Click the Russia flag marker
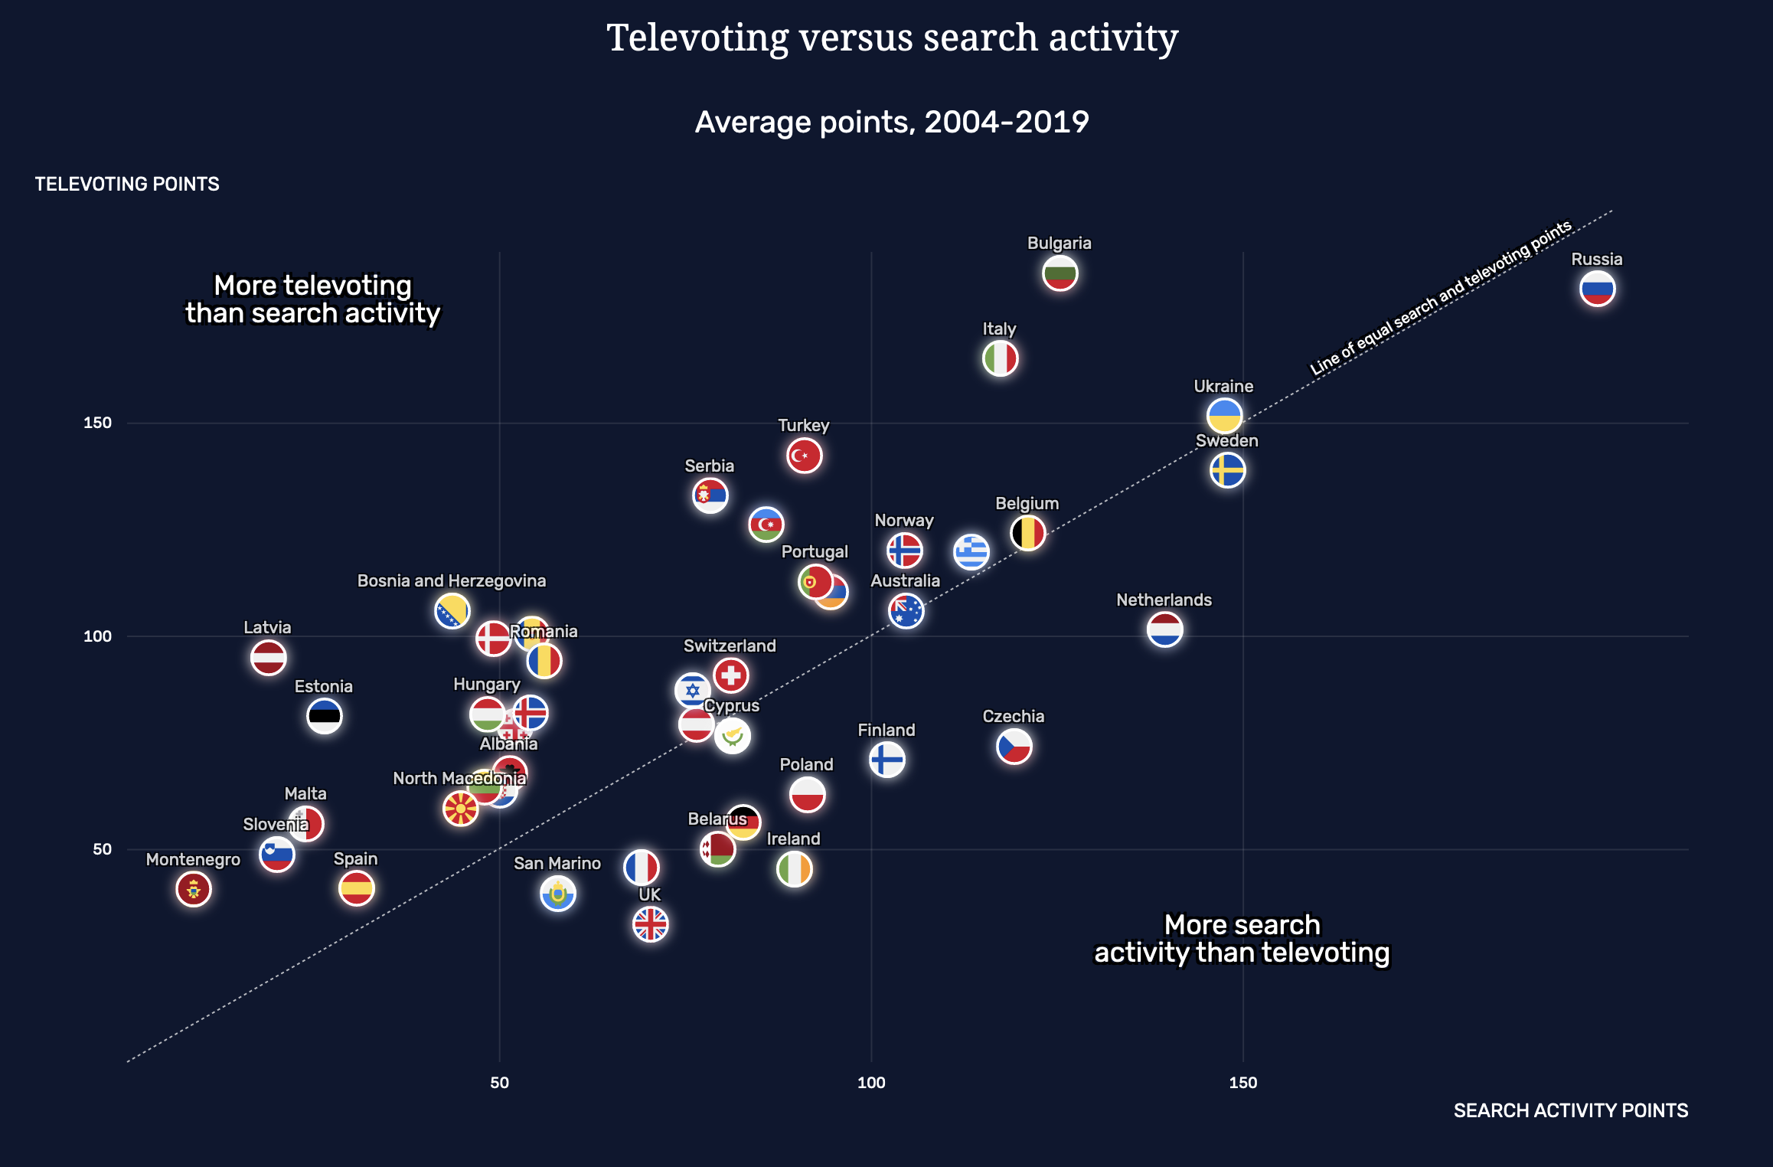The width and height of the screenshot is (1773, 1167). pyautogui.click(x=1597, y=289)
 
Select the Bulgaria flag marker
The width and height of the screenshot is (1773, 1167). pyautogui.click(x=1060, y=273)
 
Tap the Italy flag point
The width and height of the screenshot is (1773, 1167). pyautogui.click(x=1000, y=358)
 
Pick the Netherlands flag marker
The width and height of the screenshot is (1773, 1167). pyautogui.click(x=1164, y=629)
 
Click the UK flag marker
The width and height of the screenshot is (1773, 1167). pyautogui.click(x=650, y=924)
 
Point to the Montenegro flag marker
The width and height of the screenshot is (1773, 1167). pyautogui.click(x=193, y=889)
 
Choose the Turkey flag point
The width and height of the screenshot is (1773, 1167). pyautogui.click(x=804, y=456)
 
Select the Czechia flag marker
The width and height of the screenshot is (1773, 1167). pyautogui.click(x=1014, y=747)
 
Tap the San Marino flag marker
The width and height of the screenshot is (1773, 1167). pyautogui.click(x=557, y=894)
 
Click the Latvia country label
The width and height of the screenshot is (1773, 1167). pyautogui.click(x=267, y=627)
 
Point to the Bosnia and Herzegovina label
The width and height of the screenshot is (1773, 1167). pyautogui.click(x=452, y=580)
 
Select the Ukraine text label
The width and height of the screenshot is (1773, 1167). pyautogui.click(x=1223, y=386)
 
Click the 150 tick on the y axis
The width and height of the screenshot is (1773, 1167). pyautogui.click(x=97, y=423)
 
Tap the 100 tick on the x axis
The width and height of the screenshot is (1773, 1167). pyautogui.click(x=871, y=1082)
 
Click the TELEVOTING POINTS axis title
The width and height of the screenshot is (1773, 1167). pyautogui.click(x=127, y=184)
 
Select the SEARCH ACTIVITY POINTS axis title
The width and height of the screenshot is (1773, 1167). pyautogui.click(x=1570, y=1110)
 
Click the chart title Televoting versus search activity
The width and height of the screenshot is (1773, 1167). pyautogui.click(x=892, y=38)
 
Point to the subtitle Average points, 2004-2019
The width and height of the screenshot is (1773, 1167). pyautogui.click(x=892, y=122)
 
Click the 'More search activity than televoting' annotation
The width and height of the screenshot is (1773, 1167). pyautogui.click(x=1242, y=939)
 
